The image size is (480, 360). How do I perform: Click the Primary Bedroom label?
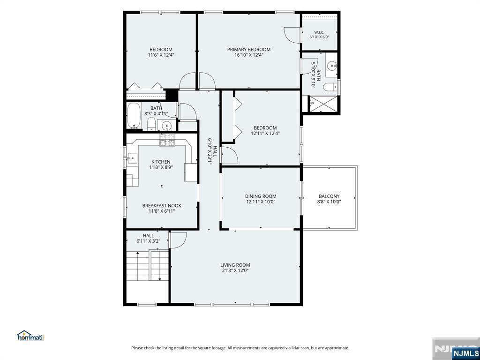(x=248, y=49)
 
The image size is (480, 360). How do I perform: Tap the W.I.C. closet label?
(x=319, y=32)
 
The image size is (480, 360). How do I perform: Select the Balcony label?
(x=329, y=196)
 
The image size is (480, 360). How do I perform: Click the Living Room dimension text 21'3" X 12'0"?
(x=235, y=270)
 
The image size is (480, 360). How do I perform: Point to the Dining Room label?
(x=261, y=196)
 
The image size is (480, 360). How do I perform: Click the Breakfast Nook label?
(x=162, y=205)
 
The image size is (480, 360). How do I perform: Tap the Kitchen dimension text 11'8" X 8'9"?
(x=161, y=167)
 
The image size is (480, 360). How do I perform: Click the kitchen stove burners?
(x=167, y=140)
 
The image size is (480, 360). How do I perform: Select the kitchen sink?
(x=132, y=158)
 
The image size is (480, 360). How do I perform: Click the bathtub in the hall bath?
(x=134, y=116)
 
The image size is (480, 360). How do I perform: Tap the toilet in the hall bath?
(x=151, y=124)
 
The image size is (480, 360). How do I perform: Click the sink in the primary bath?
(x=331, y=66)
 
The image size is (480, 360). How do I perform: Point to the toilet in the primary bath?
(x=330, y=87)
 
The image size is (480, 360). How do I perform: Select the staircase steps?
(x=148, y=266)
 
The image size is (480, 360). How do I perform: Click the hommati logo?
(x=30, y=336)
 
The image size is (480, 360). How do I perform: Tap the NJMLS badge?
(x=463, y=352)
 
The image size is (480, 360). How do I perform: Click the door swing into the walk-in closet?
(x=291, y=35)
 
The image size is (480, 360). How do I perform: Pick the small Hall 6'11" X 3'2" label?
(x=148, y=238)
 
